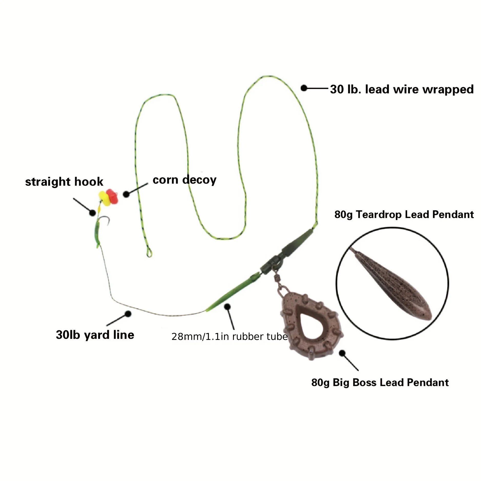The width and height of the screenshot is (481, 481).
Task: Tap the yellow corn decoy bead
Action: pos(104,199)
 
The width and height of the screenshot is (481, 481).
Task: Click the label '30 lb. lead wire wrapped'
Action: pos(401,89)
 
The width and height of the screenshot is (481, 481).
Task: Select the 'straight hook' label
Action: pos(64,182)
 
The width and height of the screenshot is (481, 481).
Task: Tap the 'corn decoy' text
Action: pos(184,180)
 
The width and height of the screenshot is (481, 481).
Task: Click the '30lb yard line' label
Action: pos(95,335)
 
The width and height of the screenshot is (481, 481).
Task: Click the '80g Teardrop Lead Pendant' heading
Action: pos(404,214)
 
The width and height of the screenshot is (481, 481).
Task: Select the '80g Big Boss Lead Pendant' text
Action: pos(380,382)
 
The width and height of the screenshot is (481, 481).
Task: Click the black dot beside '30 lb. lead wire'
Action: pos(304,88)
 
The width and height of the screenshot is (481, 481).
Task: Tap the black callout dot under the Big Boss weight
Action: pos(342,353)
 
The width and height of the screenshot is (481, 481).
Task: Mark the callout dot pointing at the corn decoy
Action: pos(126,194)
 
